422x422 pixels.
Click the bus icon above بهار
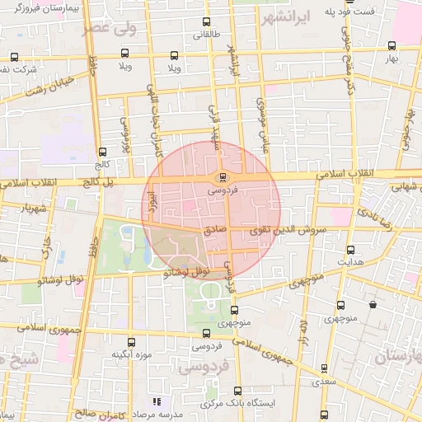388,47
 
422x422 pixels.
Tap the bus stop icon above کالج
102,152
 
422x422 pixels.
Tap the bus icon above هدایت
351,250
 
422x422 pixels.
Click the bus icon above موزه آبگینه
129,342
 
